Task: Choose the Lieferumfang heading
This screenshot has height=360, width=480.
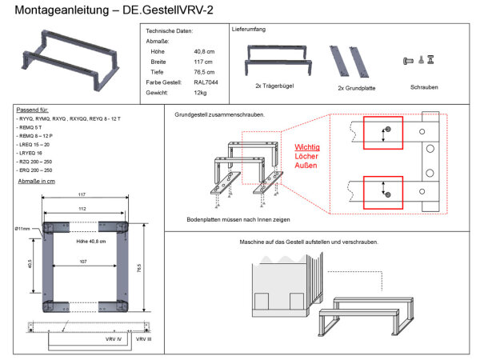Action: (x=249, y=28)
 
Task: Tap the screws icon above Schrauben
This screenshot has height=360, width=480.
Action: (x=419, y=59)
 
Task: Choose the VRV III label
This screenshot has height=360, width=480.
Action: (x=144, y=340)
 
